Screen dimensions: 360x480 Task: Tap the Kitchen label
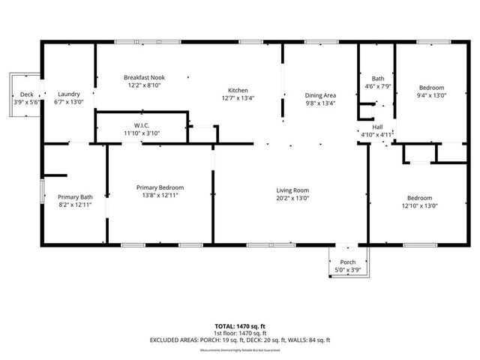point(239,89)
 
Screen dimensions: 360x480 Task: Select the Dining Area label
point(320,95)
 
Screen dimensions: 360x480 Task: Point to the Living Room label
point(292,190)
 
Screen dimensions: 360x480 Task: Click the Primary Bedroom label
point(160,187)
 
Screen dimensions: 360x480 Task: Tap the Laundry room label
point(68,94)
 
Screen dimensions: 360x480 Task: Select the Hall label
point(378,127)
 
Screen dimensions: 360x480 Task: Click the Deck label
point(27,94)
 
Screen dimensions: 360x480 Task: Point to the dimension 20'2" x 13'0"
point(292,198)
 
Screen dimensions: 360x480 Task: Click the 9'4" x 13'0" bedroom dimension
point(431,95)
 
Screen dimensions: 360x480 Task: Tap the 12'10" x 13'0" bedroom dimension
point(420,205)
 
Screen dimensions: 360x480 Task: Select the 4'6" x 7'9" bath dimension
point(378,85)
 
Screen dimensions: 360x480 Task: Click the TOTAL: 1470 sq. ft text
point(240,326)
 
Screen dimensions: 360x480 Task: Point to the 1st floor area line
point(240,334)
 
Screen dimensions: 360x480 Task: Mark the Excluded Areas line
point(240,341)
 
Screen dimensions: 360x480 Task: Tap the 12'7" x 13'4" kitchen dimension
point(239,97)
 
